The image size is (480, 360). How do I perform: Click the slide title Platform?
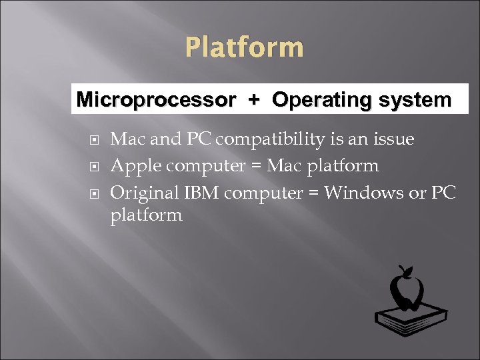tap(244, 48)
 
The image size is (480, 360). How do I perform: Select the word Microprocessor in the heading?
tap(156, 101)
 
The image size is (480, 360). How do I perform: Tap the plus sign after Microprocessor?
tap(253, 101)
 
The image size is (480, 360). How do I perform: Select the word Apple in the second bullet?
tap(131, 165)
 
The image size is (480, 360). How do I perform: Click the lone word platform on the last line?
tap(146, 215)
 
